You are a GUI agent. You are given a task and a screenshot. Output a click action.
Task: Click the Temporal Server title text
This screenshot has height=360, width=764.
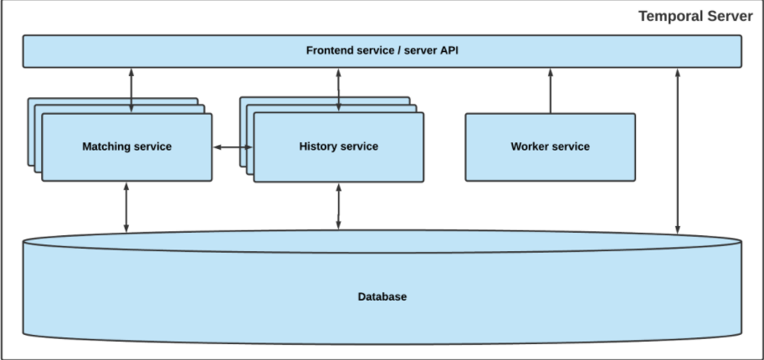[x=695, y=16]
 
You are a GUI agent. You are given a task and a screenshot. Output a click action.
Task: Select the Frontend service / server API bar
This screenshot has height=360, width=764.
[x=382, y=51]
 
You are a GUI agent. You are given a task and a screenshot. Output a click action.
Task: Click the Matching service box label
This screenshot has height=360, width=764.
[x=126, y=147]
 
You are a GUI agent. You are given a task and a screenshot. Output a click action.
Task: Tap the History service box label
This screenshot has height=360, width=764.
[x=338, y=147]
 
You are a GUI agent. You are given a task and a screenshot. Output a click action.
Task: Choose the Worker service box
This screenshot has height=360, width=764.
[x=550, y=147]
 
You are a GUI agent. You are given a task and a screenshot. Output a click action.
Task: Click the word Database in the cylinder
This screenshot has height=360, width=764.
[x=382, y=296]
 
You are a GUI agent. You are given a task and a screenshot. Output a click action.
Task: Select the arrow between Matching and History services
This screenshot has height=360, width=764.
[x=233, y=147]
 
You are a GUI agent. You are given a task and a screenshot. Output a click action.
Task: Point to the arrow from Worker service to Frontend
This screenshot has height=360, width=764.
[x=551, y=90]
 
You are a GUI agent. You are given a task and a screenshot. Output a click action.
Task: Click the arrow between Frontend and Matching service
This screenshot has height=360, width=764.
[x=131, y=90]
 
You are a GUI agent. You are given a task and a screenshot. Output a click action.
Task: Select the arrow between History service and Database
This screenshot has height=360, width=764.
[x=339, y=206]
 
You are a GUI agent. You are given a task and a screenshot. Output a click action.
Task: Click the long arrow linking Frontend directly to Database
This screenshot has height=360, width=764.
[x=678, y=151]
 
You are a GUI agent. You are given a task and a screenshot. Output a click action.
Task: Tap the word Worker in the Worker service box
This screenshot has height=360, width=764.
[x=531, y=147]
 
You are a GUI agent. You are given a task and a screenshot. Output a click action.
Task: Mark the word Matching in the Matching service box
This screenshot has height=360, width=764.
[x=105, y=147]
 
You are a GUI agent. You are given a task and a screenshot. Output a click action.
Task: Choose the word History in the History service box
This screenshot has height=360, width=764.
[x=318, y=147]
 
